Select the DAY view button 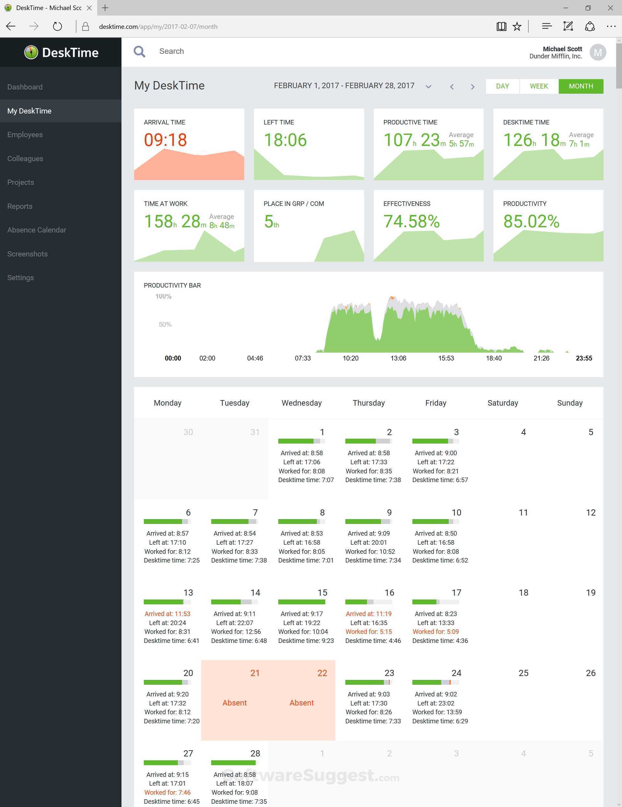click(x=502, y=86)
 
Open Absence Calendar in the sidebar click(x=37, y=230)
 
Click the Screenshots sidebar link click(x=27, y=254)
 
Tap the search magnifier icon click(x=139, y=51)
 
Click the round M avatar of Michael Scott click(x=597, y=53)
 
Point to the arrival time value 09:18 click(x=165, y=140)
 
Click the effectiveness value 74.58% click(x=411, y=221)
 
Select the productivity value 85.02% click(x=531, y=221)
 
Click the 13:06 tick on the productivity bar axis click(x=398, y=358)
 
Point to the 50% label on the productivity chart click(x=165, y=325)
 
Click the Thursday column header click(x=368, y=403)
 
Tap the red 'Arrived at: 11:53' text click(x=167, y=614)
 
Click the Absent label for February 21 click(x=235, y=703)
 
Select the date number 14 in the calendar click(x=255, y=593)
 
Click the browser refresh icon click(x=57, y=27)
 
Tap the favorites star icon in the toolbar click(x=517, y=27)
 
